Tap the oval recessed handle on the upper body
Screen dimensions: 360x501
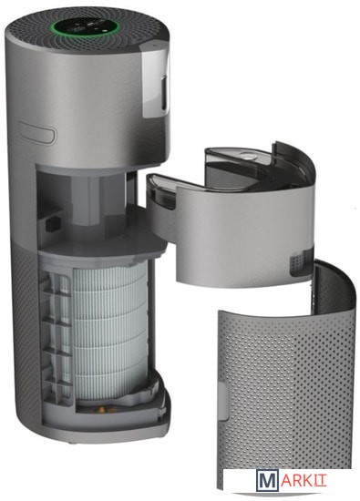pos(37,132)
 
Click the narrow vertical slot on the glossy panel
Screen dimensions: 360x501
pos(164,93)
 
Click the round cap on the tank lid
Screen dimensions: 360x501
pos(246,157)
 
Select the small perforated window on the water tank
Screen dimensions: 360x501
pos(301,260)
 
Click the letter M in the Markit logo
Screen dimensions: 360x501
pos(267,481)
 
